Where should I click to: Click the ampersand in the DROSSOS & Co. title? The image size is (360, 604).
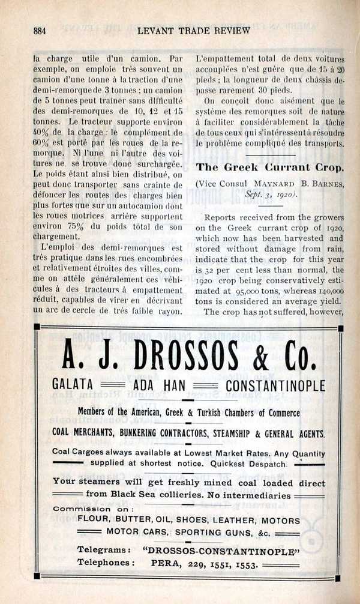(x=260, y=359)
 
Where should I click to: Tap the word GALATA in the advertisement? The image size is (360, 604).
(x=73, y=385)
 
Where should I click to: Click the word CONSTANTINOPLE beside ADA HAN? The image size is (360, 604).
(x=275, y=385)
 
